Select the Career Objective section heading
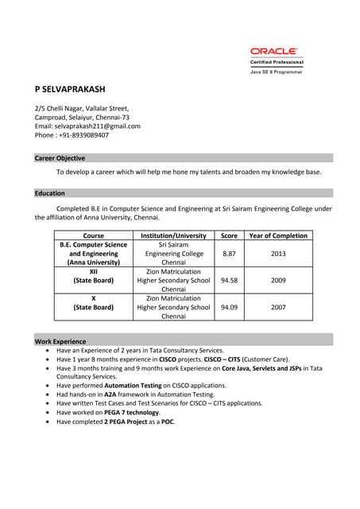point(60,158)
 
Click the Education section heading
point(50,192)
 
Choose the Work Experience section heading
point(60,341)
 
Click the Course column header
point(94,235)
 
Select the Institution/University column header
point(173,235)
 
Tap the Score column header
point(229,235)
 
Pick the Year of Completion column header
point(278,235)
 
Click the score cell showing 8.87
point(229,254)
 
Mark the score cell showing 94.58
point(229,281)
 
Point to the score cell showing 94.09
point(229,307)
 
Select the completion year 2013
point(278,254)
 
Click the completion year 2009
point(278,281)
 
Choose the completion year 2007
point(278,307)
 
